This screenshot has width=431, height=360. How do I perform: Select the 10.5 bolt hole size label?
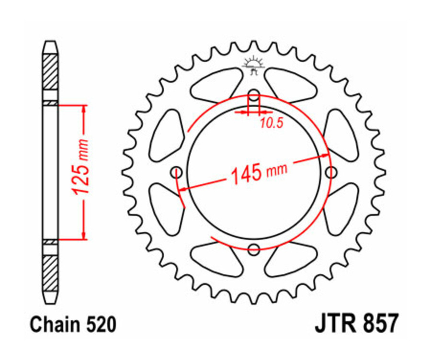272,124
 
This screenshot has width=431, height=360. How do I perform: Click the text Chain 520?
73,325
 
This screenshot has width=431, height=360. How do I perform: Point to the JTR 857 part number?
356,324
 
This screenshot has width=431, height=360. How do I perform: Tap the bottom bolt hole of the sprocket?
254,249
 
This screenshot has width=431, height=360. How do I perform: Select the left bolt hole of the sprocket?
176,171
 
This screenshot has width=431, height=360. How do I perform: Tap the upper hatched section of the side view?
50,72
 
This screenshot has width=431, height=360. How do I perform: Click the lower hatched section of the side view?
50,273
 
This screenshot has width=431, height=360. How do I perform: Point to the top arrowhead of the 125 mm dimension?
84,108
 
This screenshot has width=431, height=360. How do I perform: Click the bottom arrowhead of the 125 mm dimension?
84,236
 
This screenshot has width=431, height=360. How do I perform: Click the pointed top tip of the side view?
50,43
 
